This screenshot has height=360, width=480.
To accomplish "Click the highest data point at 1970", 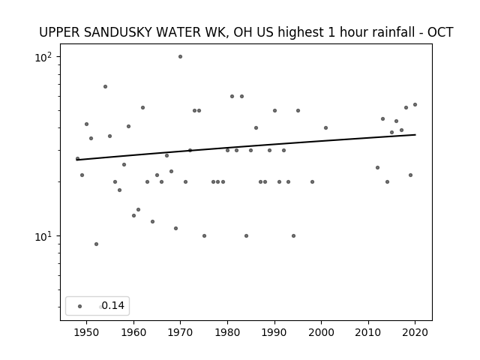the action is pyautogui.click(x=180, y=57).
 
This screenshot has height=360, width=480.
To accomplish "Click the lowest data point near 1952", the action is pyautogui.click(x=96, y=244).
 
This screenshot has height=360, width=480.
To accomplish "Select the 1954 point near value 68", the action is pyautogui.click(x=105, y=87).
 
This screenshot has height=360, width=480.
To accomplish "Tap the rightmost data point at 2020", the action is pyautogui.click(x=415, y=105).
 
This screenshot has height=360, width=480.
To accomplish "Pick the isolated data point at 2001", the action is pyautogui.click(x=325, y=128).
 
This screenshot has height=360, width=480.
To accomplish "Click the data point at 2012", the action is pyautogui.click(x=377, y=168).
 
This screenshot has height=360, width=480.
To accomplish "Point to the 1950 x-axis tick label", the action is pyautogui.click(x=87, y=332).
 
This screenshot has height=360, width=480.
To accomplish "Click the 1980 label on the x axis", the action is pyautogui.click(x=227, y=332).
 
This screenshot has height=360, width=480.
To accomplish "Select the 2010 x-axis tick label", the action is pyautogui.click(x=368, y=332).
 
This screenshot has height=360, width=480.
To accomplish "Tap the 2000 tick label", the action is pyautogui.click(x=322, y=332).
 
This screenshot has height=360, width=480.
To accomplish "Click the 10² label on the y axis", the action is pyautogui.click(x=43, y=57).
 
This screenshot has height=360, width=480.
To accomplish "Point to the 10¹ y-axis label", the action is pyautogui.click(x=43, y=237).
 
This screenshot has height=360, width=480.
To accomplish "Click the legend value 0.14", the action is pyautogui.click(x=113, y=305).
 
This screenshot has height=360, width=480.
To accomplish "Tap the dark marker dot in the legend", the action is pyautogui.click(x=80, y=307).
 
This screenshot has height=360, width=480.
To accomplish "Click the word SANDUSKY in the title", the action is pyautogui.click(x=118, y=32).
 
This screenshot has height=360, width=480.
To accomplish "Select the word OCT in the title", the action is pyautogui.click(x=440, y=32).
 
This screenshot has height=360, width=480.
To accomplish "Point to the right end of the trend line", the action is pyautogui.click(x=415, y=134).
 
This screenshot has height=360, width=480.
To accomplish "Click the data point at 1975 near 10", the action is pyautogui.click(x=204, y=235).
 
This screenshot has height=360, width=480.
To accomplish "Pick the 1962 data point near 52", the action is pyautogui.click(x=142, y=108).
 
